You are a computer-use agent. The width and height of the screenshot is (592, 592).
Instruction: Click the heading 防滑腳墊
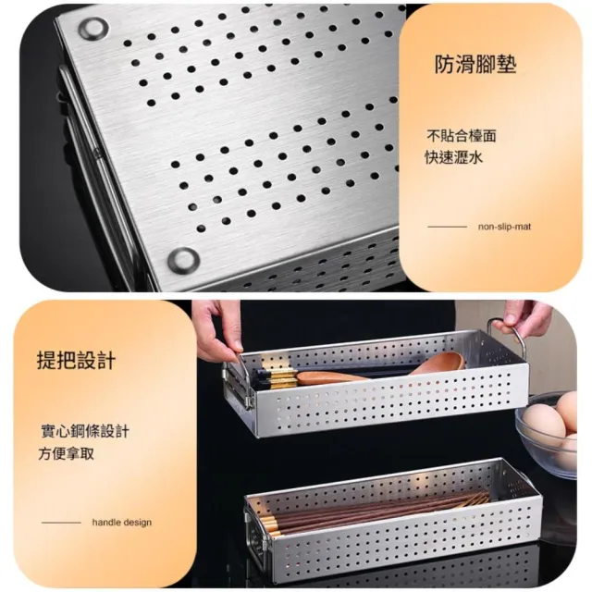click(475, 64)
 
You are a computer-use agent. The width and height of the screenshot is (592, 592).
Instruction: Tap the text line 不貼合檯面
click(461, 136)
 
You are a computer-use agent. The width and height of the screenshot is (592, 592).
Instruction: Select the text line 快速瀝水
click(454, 157)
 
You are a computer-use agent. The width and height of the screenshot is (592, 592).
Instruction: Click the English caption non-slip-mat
click(504, 227)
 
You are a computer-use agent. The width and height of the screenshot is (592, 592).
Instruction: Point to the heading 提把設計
click(76, 360)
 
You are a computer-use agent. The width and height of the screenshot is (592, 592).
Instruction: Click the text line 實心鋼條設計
click(85, 431)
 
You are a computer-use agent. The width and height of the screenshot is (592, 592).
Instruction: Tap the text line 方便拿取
click(66, 453)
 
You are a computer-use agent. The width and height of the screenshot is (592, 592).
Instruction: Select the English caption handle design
click(121, 523)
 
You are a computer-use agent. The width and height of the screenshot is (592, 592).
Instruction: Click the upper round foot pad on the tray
click(92, 28)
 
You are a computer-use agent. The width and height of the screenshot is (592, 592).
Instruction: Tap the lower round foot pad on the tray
click(184, 259)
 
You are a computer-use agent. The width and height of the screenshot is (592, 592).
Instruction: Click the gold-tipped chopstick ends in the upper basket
click(277, 376)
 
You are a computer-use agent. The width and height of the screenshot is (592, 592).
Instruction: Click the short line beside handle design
click(61, 523)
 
